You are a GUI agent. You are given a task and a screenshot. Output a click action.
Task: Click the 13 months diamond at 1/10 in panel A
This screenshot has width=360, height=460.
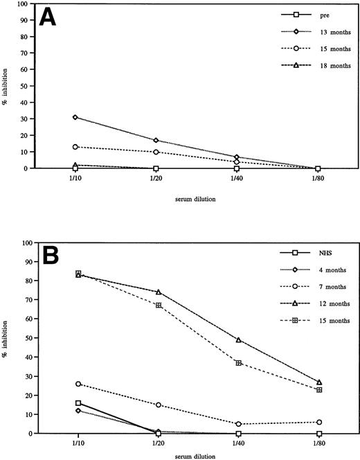75,117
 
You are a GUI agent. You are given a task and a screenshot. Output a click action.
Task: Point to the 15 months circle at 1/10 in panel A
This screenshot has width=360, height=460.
75,147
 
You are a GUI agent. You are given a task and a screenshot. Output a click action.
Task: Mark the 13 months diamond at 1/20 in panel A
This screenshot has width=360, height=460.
156,141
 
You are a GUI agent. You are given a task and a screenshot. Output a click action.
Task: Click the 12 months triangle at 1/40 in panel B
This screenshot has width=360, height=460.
237,340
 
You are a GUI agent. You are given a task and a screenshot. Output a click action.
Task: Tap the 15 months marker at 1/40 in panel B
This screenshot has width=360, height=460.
237,363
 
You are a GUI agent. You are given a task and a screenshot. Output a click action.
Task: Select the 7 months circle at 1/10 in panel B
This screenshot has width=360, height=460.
78,384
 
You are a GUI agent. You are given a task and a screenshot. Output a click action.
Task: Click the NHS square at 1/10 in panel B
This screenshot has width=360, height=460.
78,402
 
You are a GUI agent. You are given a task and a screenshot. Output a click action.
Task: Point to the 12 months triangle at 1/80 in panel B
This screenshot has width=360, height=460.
318,382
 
